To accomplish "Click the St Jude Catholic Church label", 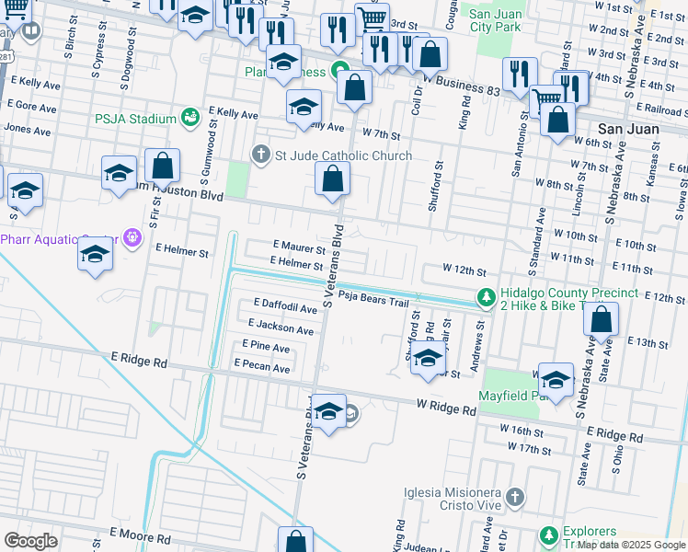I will pyautogui.click(x=343, y=155).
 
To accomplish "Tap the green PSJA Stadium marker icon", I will pyautogui.click(x=190, y=118).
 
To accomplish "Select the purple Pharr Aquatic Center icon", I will pyautogui.click(x=132, y=238).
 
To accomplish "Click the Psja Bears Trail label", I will pyautogui.click(x=372, y=296).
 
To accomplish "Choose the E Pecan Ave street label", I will pyautogui.click(x=262, y=368).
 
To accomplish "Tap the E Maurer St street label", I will pyautogui.click(x=299, y=248).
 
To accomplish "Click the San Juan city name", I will pyautogui.click(x=628, y=129).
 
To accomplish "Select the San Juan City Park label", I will pyautogui.click(x=495, y=19).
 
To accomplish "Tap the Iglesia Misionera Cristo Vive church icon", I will pyautogui.click(x=515, y=498).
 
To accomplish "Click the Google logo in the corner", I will pyautogui.click(x=30, y=540).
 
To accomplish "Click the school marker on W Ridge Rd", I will pyautogui.click(x=328, y=411).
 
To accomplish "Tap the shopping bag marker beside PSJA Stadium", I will pyautogui.click(x=162, y=167).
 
